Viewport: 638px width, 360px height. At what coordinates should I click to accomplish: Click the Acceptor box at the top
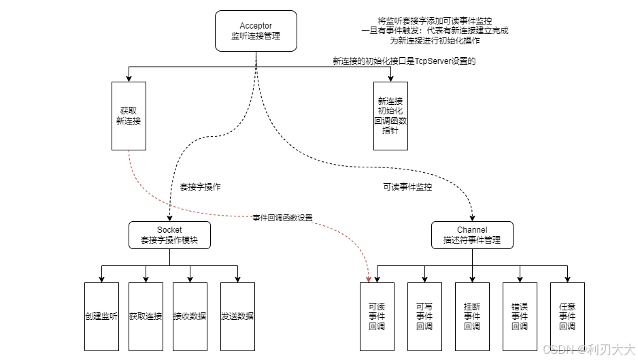(x=256, y=31)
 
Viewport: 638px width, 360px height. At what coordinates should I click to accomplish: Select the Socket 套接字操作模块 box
(x=169, y=235)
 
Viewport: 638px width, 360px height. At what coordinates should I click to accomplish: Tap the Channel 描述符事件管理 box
(x=472, y=235)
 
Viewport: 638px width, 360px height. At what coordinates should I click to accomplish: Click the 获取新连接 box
(x=129, y=116)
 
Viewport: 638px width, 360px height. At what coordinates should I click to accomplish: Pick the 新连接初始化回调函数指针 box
(x=392, y=116)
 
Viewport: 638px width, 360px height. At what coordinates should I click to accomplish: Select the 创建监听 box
(x=102, y=316)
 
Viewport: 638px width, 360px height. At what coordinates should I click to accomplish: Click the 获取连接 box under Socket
(x=146, y=316)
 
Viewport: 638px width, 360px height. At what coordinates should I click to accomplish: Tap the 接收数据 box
(x=190, y=316)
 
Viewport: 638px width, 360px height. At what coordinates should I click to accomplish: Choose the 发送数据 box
(x=237, y=316)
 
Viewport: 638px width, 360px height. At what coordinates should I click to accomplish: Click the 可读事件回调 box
(x=377, y=316)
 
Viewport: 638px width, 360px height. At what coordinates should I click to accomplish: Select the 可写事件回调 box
(x=424, y=316)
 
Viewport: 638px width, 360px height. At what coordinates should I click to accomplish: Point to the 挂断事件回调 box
(x=472, y=316)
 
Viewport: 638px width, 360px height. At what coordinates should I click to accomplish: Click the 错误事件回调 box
(x=520, y=316)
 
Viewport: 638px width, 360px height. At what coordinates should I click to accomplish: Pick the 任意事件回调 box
(x=567, y=316)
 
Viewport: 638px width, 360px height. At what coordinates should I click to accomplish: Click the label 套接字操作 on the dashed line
(x=200, y=186)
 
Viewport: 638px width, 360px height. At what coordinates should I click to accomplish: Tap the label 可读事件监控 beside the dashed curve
(x=407, y=186)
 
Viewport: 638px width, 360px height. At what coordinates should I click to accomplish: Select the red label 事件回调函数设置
(x=283, y=218)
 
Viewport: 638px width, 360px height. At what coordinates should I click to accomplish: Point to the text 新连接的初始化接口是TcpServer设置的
(x=404, y=61)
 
